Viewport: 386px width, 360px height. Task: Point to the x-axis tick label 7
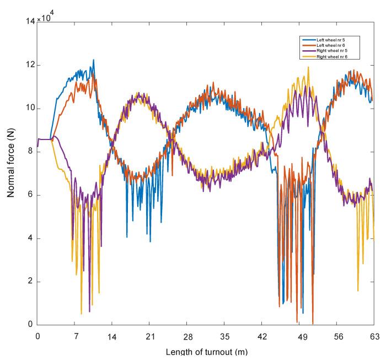(x=75, y=336)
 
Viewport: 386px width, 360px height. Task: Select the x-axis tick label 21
(x=149, y=336)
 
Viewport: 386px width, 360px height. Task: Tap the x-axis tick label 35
(x=224, y=336)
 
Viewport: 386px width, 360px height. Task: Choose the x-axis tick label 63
(x=373, y=336)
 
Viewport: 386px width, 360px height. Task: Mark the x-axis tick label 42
(x=262, y=336)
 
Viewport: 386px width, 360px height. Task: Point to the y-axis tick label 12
(x=28, y=65)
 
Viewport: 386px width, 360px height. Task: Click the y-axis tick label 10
(x=28, y=109)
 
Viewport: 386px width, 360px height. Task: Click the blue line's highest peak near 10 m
(x=93, y=60)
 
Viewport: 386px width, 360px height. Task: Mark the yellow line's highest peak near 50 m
(x=308, y=67)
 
